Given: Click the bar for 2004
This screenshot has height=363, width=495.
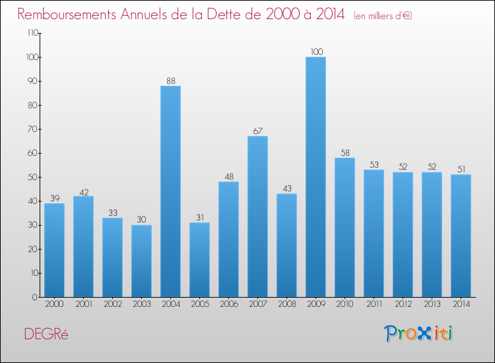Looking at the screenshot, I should coord(170,191).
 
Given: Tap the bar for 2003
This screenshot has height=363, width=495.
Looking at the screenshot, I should coord(141,261).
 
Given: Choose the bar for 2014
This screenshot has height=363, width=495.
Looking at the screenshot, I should coord(461,236).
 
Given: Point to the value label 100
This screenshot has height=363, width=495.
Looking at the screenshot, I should coord(315,52).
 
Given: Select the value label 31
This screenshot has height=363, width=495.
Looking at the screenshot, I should coord(199,218).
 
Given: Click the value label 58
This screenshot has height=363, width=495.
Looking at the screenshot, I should coord(345,153).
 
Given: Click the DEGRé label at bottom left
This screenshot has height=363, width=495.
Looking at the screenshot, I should coord(46,334).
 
